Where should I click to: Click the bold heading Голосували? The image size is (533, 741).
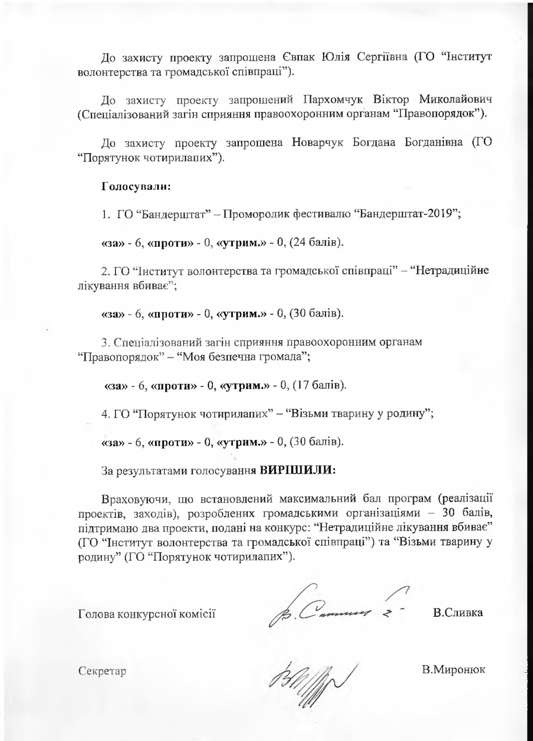pyautogui.click(x=137, y=186)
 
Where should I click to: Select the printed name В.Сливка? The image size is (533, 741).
pyautogui.click(x=457, y=613)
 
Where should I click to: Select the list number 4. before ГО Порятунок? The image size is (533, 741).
pyautogui.click(x=106, y=414)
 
